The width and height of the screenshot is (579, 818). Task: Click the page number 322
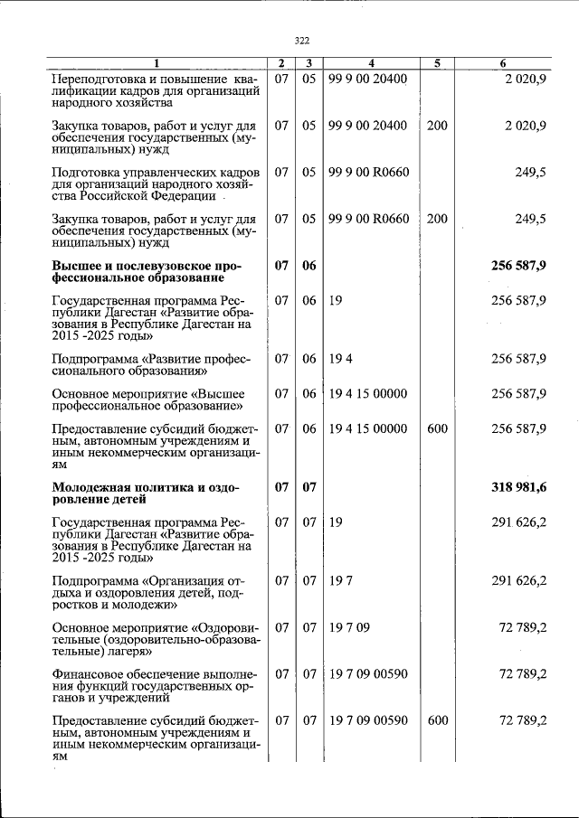tap(301, 40)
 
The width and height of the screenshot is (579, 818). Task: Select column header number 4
tap(371, 63)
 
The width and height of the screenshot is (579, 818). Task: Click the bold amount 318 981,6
tap(518, 488)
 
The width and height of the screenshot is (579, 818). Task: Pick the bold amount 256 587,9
tap(518, 267)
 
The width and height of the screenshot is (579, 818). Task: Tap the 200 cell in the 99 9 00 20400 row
tap(436, 126)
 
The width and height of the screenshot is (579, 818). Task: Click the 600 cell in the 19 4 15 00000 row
tap(436, 429)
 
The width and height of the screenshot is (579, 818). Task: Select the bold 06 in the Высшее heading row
tap(308, 267)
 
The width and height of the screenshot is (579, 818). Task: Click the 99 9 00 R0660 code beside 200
tap(368, 219)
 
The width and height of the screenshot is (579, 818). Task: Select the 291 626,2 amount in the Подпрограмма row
tap(518, 581)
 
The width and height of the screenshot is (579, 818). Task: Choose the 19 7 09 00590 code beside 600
tap(368, 720)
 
